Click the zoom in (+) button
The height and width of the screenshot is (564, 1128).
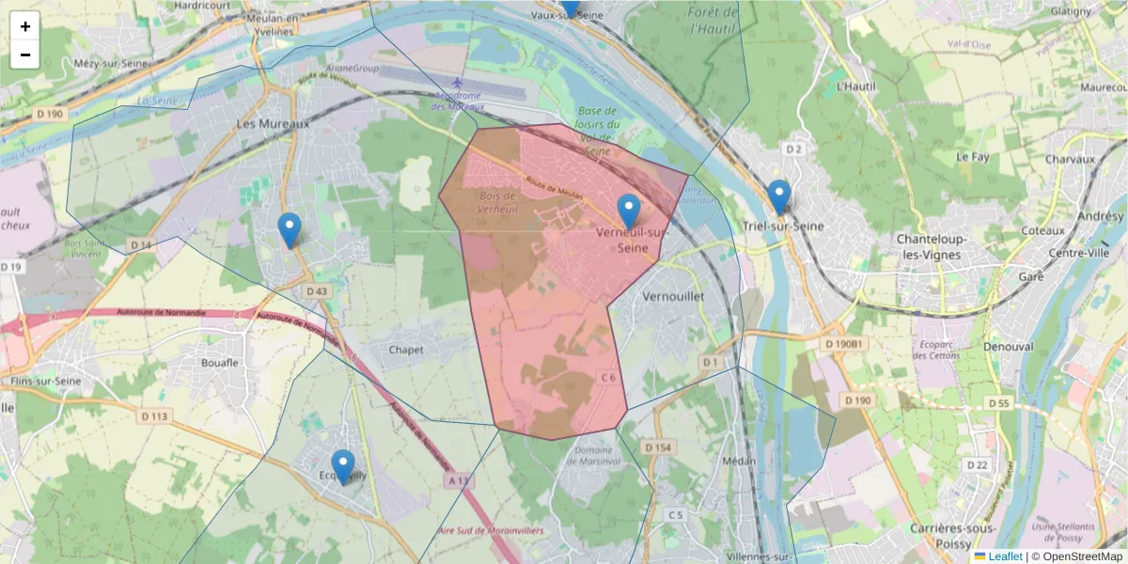click(25, 26)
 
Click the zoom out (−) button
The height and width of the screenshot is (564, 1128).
click(25, 55)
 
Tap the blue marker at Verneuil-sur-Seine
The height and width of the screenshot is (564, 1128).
click(629, 211)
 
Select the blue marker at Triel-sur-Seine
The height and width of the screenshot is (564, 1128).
click(778, 196)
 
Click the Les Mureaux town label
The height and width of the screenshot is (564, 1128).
click(273, 124)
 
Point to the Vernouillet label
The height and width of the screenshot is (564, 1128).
click(666, 295)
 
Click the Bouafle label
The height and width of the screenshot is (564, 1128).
click(220, 362)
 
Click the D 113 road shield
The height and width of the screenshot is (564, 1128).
click(154, 416)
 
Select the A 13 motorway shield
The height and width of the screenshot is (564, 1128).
click(458, 481)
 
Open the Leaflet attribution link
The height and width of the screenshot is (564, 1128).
click(1004, 556)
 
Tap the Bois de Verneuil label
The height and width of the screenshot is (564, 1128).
click(497, 203)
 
